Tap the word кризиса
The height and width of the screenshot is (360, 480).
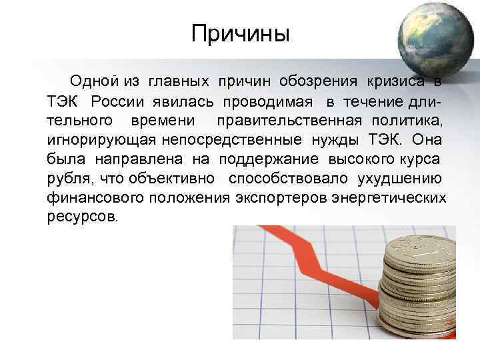395,82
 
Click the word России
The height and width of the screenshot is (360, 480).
119,101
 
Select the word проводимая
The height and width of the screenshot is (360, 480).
268,101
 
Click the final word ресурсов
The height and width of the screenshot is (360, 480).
82,217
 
